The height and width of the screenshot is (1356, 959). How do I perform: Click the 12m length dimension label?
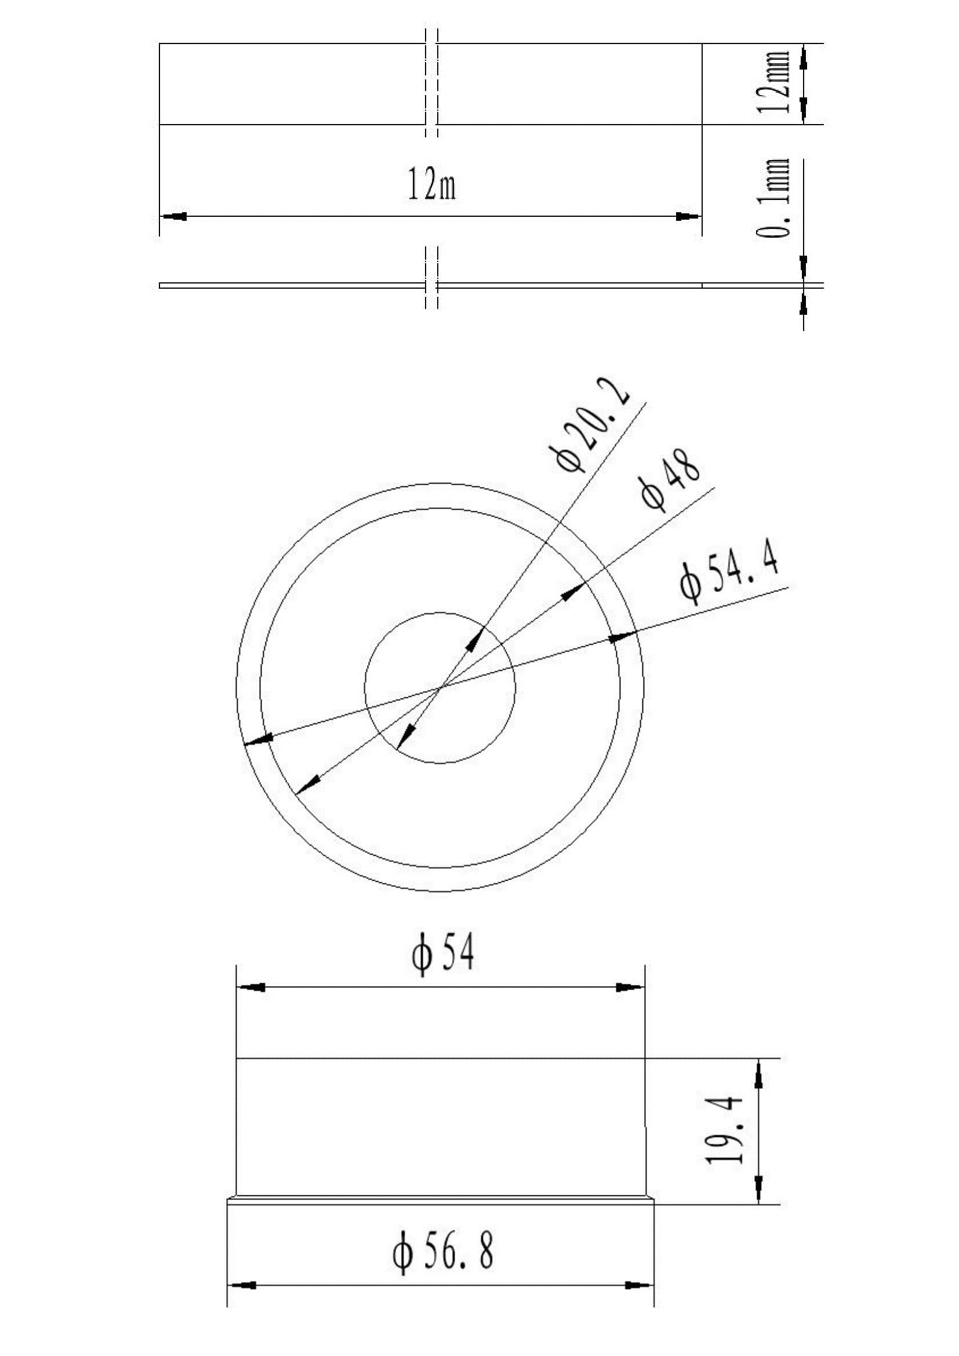click(432, 184)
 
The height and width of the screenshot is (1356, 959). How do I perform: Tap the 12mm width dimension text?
click(773, 82)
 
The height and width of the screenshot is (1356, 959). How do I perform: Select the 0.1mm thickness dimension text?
click(773, 198)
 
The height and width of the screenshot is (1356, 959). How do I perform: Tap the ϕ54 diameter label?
click(443, 955)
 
